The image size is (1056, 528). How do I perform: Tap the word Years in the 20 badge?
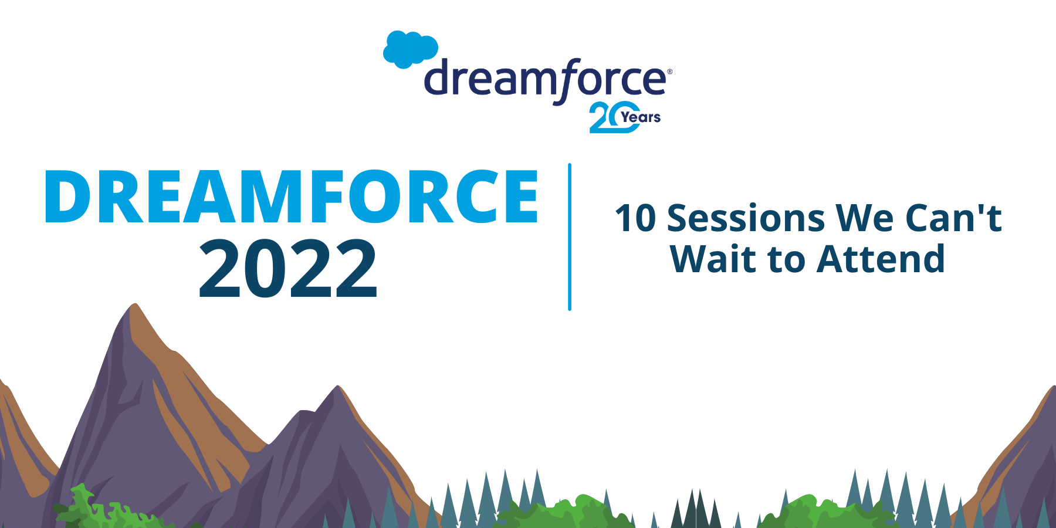click(x=641, y=117)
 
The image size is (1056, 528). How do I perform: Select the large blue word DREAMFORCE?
click(x=291, y=197)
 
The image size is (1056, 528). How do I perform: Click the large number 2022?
click(x=287, y=270)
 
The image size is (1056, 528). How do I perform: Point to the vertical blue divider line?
click(x=570, y=237)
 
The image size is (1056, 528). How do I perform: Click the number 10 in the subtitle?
click(x=635, y=219)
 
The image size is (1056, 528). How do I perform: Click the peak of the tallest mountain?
click(x=136, y=306)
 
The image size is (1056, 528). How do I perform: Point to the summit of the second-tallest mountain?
click(x=338, y=388)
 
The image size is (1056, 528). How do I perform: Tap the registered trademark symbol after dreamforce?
click(x=670, y=72)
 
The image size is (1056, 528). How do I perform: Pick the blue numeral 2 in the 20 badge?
click(x=599, y=118)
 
